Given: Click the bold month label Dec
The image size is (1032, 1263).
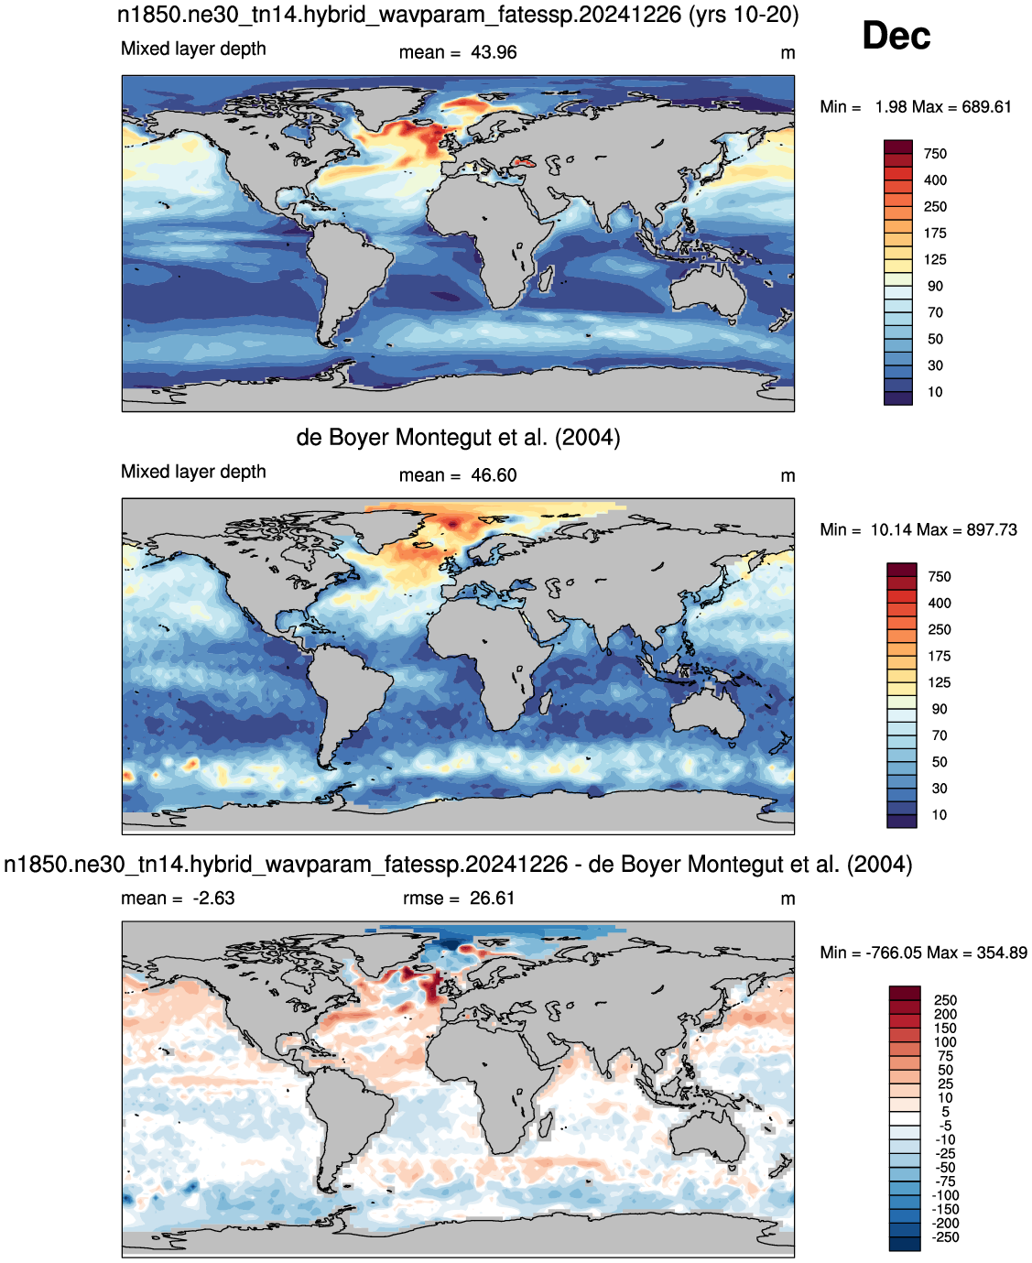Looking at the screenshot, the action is point(896,36).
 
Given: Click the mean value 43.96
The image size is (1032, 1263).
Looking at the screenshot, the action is point(494,53).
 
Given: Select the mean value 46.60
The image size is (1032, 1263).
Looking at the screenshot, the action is point(494,475).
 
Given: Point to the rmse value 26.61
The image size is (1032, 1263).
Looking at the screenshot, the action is point(492,898).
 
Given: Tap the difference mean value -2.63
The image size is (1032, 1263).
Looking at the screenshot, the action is point(213,898).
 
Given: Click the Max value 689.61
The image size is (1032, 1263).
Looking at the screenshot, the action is point(986,107).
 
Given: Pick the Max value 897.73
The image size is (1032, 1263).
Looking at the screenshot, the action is point(992,530).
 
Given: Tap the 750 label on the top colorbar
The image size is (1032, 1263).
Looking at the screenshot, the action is point(935,154).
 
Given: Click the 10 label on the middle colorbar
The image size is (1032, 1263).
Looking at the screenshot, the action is point(940,815).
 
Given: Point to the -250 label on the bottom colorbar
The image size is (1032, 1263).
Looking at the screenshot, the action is point(946,1237).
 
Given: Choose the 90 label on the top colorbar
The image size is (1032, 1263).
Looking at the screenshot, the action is point(935,287).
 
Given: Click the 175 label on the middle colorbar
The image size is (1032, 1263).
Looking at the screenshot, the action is point(940,657).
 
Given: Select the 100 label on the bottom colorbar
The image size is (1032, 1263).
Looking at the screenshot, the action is point(945,1042).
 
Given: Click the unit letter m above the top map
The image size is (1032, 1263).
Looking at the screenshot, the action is point(788,54).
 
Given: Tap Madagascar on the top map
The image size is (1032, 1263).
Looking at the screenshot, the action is point(546,278).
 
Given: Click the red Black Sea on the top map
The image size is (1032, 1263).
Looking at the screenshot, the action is point(523,160).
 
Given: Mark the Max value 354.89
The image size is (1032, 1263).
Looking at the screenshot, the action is point(1002,953).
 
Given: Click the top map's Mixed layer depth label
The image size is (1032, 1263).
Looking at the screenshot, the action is point(193,49).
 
